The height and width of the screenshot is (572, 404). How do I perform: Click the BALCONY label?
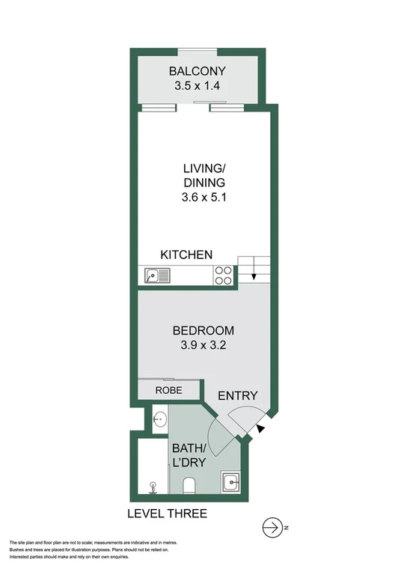coord(197,72)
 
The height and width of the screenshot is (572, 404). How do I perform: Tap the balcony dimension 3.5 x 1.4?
coord(197,87)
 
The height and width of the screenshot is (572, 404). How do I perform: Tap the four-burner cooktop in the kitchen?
coord(224,276)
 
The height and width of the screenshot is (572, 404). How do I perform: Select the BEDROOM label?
coord(203,330)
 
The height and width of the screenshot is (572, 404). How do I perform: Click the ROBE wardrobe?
coord(169,390)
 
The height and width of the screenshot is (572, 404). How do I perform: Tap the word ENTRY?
coord(238,396)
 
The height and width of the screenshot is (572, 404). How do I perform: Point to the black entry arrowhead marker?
coord(260,428)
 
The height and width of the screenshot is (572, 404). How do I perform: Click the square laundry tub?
coord(232,482)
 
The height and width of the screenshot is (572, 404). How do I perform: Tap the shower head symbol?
coord(153,487)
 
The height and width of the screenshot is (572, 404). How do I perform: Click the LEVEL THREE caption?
coord(167,514)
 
